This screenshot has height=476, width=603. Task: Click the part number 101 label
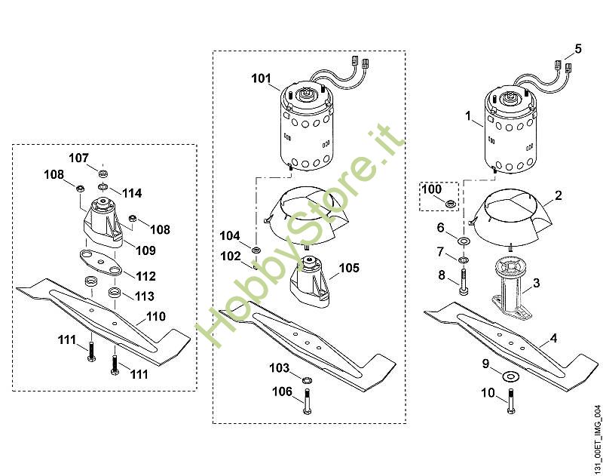[x=261, y=78]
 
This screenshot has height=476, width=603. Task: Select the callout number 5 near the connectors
[x=578, y=49]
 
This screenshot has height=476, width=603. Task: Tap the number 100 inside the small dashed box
[x=431, y=189]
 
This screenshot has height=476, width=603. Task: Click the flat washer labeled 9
[x=510, y=375]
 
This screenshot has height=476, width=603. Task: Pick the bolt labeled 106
[x=307, y=401]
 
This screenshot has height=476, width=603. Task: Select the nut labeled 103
[x=307, y=380]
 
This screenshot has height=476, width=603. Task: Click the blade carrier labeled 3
[x=512, y=287]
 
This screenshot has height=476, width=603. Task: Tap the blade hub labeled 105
[x=310, y=281]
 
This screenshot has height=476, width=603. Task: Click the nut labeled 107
[x=103, y=173]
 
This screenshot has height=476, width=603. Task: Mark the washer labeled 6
[x=464, y=241]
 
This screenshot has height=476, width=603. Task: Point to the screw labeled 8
[x=464, y=282]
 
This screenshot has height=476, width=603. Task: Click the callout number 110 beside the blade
[x=156, y=317]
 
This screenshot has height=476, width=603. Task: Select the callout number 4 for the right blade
[x=553, y=339]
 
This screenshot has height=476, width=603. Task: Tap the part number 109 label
[x=145, y=250]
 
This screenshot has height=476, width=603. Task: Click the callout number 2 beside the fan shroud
[x=559, y=195]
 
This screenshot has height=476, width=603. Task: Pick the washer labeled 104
[x=256, y=250]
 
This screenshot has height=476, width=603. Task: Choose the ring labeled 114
[x=103, y=187]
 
